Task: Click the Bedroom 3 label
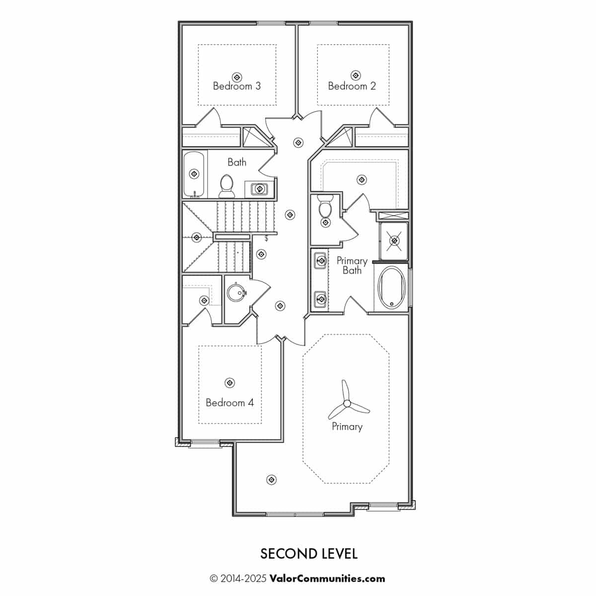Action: click(236, 85)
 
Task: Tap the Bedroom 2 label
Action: click(352, 85)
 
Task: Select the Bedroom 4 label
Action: click(229, 402)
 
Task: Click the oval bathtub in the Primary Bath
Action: click(391, 288)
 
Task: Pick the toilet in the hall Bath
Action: click(226, 186)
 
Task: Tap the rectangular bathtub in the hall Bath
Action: click(194, 174)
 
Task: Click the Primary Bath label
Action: click(352, 265)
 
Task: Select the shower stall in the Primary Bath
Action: click(394, 241)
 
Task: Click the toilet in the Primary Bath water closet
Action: click(325, 206)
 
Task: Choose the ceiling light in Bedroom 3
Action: click(237, 77)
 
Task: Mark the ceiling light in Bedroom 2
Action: click(356, 75)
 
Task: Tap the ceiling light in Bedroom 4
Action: click(229, 382)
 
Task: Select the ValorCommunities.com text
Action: click(327, 579)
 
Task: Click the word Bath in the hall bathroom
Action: click(237, 162)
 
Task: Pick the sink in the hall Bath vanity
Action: click(259, 189)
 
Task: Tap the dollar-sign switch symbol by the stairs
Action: click(266, 238)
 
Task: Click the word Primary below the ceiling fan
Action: click(347, 427)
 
